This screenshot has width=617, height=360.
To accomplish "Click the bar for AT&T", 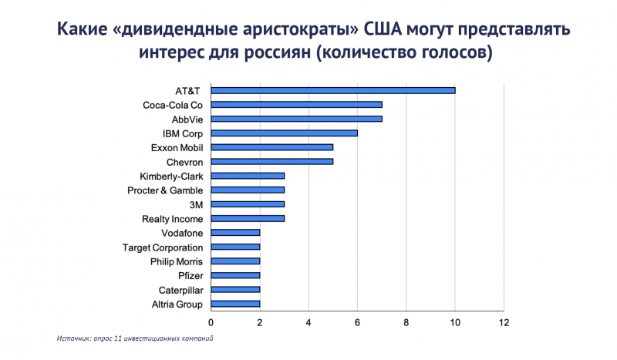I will pyautogui.click(x=332, y=90).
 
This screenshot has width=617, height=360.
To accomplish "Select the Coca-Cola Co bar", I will pyautogui.click(x=296, y=105).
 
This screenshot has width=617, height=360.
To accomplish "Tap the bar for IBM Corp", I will pyautogui.click(x=284, y=133).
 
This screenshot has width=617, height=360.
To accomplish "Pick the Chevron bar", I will pyautogui.click(x=271, y=161).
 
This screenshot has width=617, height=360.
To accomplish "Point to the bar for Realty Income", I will pyautogui.click(x=248, y=218).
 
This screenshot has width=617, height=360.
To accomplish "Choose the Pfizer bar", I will pyautogui.click(x=235, y=275).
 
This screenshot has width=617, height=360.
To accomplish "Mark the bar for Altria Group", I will pyautogui.click(x=235, y=304).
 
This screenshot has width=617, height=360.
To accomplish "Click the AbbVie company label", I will pyautogui.click(x=187, y=119).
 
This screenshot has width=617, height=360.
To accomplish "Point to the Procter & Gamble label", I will pyautogui.click(x=165, y=190).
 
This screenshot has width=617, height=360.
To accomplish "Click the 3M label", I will pyautogui.click(x=196, y=204).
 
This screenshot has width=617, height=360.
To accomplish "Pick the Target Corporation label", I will pyautogui.click(x=163, y=247).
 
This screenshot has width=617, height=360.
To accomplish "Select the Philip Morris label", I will pyautogui.click(x=177, y=261).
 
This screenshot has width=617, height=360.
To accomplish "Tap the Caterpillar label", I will pyautogui.click(x=180, y=290).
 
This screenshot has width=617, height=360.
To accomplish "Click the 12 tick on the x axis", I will pyautogui.click(x=504, y=321).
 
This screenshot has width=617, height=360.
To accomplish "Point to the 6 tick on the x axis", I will pyautogui.click(x=357, y=321).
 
